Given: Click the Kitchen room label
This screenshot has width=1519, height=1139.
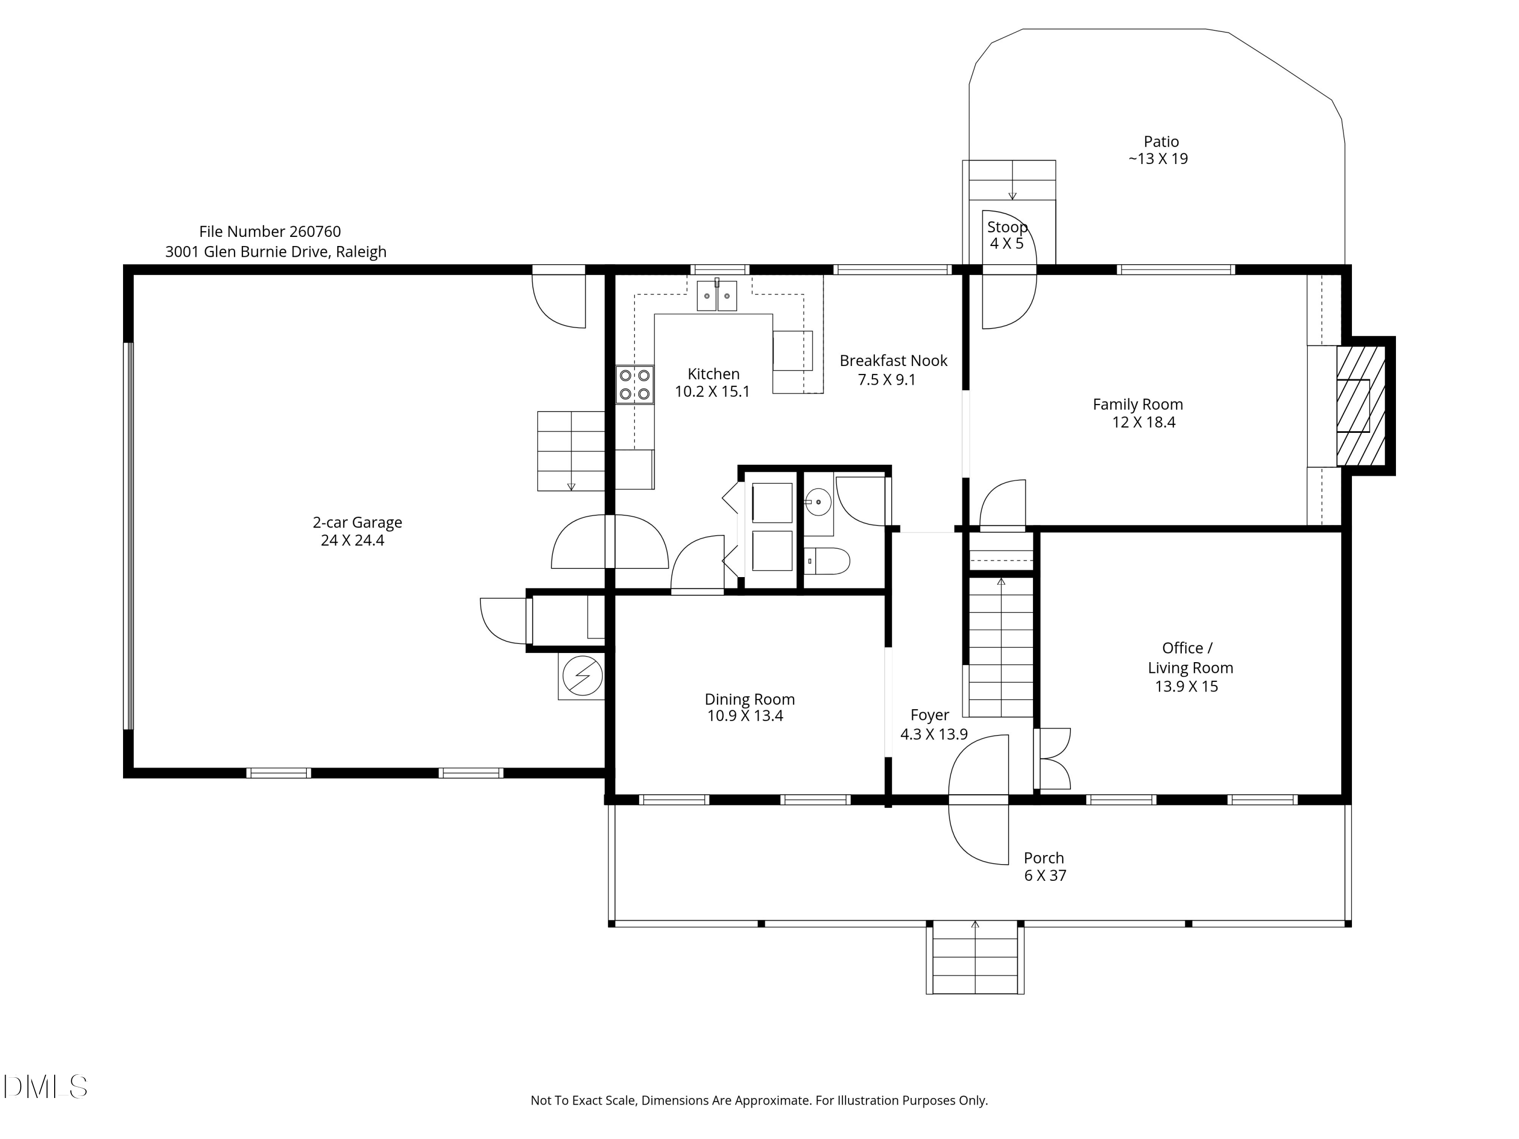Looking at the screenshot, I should tap(713, 374).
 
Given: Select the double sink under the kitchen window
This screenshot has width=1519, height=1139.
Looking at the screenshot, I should tap(717, 296).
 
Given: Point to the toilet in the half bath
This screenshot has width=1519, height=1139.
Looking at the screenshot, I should tap(827, 561).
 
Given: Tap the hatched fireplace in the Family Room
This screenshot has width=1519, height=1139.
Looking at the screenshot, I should tap(1361, 406).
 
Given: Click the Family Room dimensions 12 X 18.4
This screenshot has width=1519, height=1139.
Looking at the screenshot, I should tap(1143, 423).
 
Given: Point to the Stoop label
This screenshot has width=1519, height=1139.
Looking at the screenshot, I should tap(1007, 227).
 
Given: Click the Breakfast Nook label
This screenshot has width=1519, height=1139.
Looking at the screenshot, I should tap(893, 361).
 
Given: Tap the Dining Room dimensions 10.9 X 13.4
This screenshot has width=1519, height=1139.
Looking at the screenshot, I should tap(745, 716).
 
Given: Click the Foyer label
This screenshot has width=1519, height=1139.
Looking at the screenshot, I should tap(929, 715).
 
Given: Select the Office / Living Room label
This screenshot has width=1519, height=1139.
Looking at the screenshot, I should tap(1189, 658).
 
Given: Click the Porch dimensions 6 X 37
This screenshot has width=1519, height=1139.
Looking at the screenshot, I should tap(1045, 875).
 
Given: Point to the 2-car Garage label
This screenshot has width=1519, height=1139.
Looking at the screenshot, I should tap(357, 522).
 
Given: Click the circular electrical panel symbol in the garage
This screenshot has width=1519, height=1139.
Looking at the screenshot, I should tap(582, 676).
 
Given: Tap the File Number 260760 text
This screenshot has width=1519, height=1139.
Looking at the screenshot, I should tap(270, 232).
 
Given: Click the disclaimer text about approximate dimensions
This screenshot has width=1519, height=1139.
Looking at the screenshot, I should tap(759, 1101).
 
